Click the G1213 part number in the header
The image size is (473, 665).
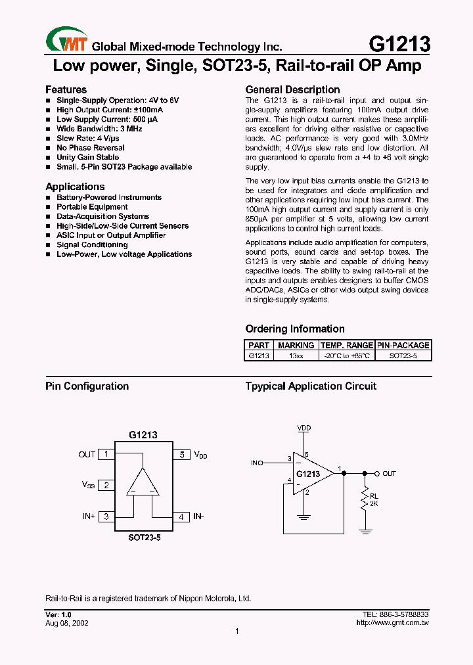[x=399, y=44]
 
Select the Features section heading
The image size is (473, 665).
[x=66, y=89]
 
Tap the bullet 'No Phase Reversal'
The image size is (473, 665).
[x=90, y=148]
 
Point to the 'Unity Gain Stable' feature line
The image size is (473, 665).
[x=87, y=158]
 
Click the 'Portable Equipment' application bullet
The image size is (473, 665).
[x=92, y=207]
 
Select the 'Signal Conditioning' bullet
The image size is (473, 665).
[x=92, y=244]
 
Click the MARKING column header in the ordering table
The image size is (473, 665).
[x=296, y=345]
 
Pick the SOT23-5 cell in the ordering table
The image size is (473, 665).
[x=402, y=355]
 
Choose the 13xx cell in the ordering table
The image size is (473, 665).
[x=296, y=355]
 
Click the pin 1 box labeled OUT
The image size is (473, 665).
[x=106, y=454]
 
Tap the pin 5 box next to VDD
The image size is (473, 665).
[x=181, y=454]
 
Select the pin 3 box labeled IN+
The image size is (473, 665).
[x=106, y=516]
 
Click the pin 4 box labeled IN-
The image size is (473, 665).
[x=181, y=516]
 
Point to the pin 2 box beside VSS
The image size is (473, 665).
[x=106, y=485]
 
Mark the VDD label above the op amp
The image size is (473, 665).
[x=304, y=428]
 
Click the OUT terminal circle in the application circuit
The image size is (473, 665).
[x=376, y=473]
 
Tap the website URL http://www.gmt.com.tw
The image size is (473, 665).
[x=392, y=622]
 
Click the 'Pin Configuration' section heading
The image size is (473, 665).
[x=87, y=386]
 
